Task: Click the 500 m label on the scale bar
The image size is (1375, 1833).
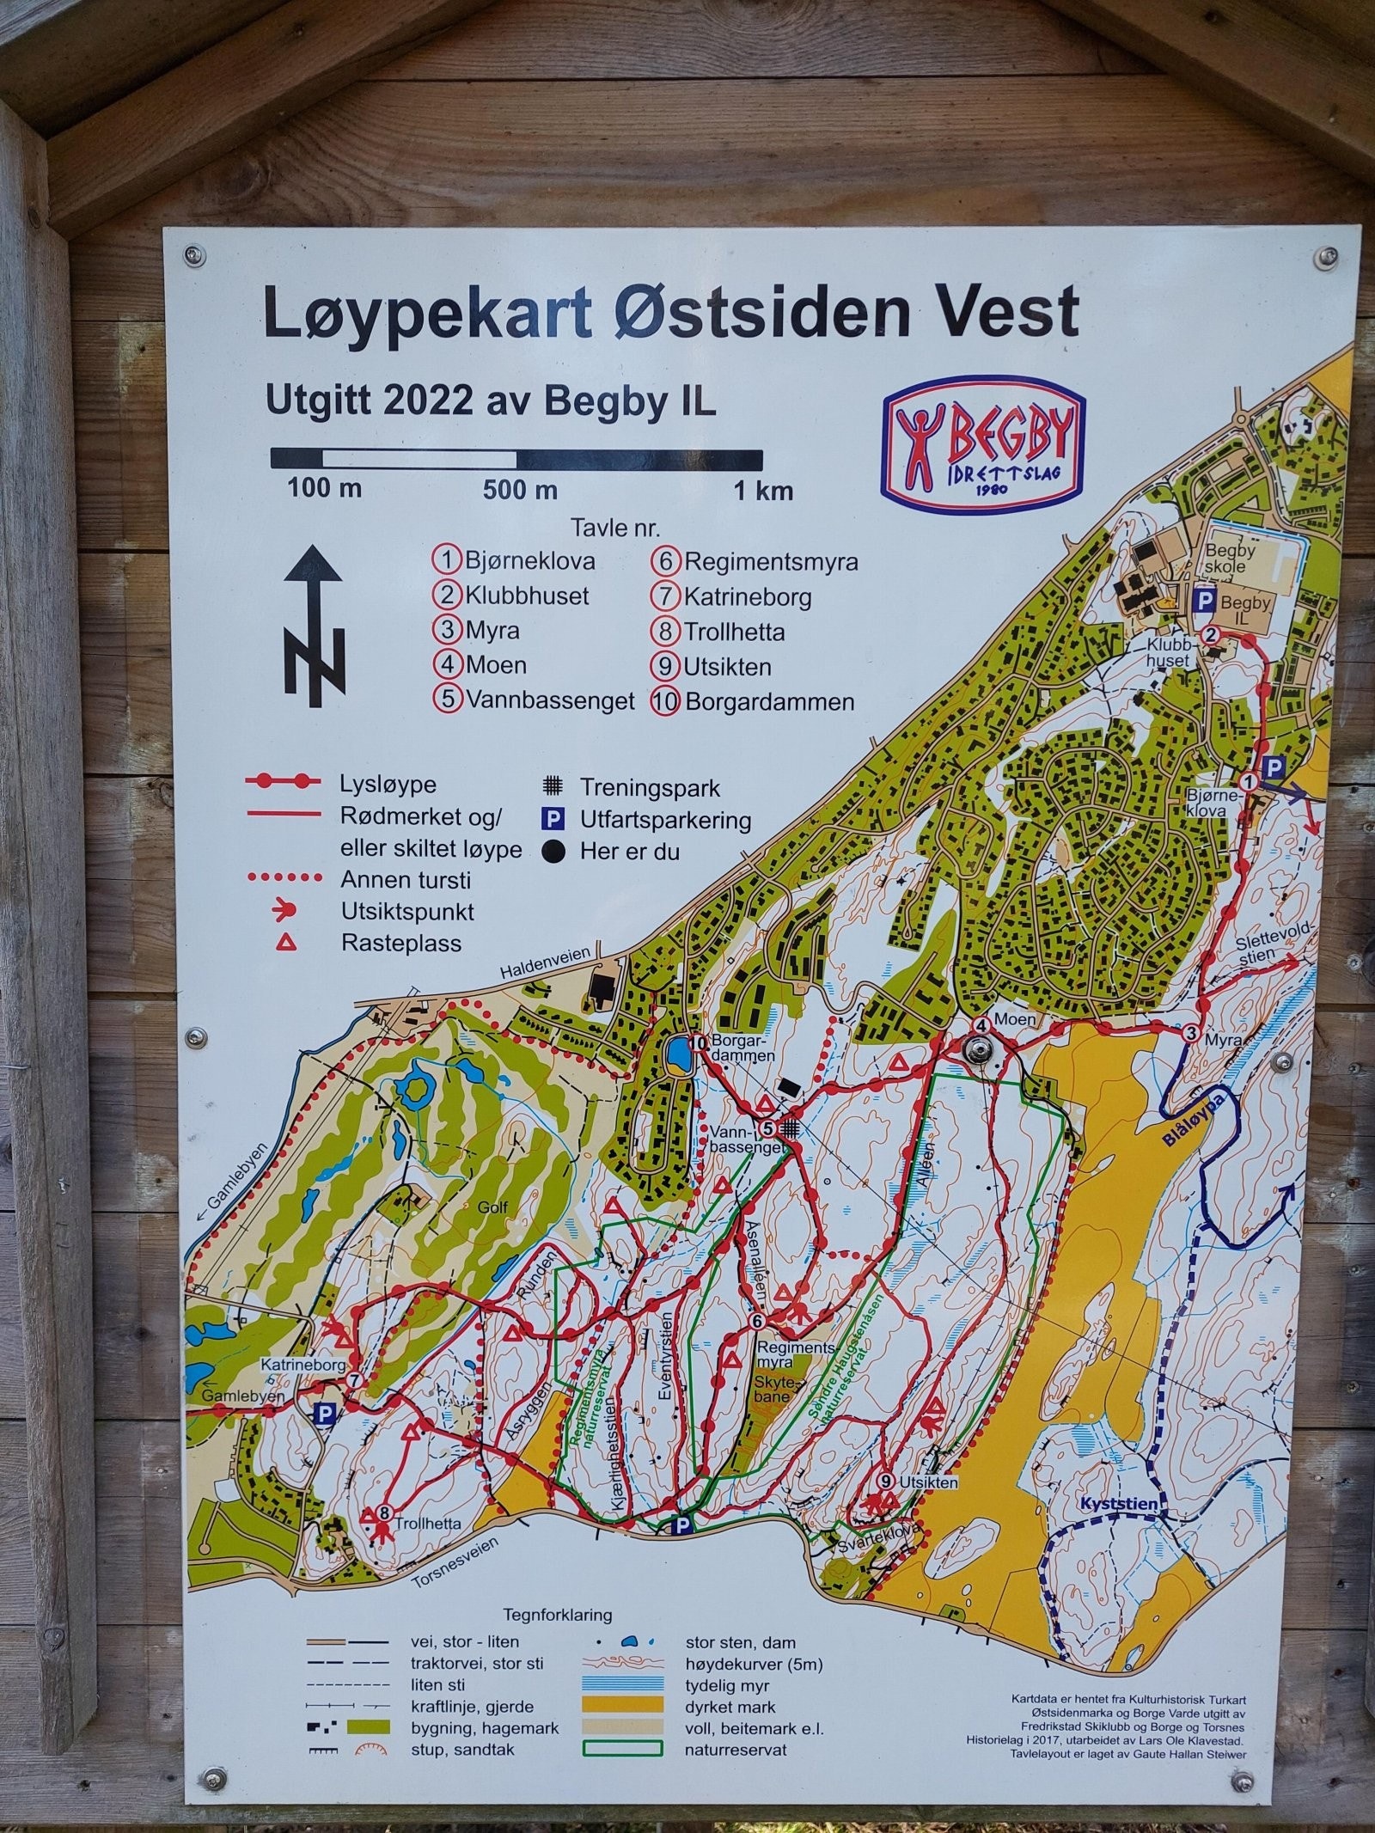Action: [519, 491]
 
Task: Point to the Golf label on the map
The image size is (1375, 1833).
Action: [493, 1207]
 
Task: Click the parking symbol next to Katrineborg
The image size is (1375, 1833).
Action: [325, 1414]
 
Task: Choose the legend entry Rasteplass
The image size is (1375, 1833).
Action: [400, 944]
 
